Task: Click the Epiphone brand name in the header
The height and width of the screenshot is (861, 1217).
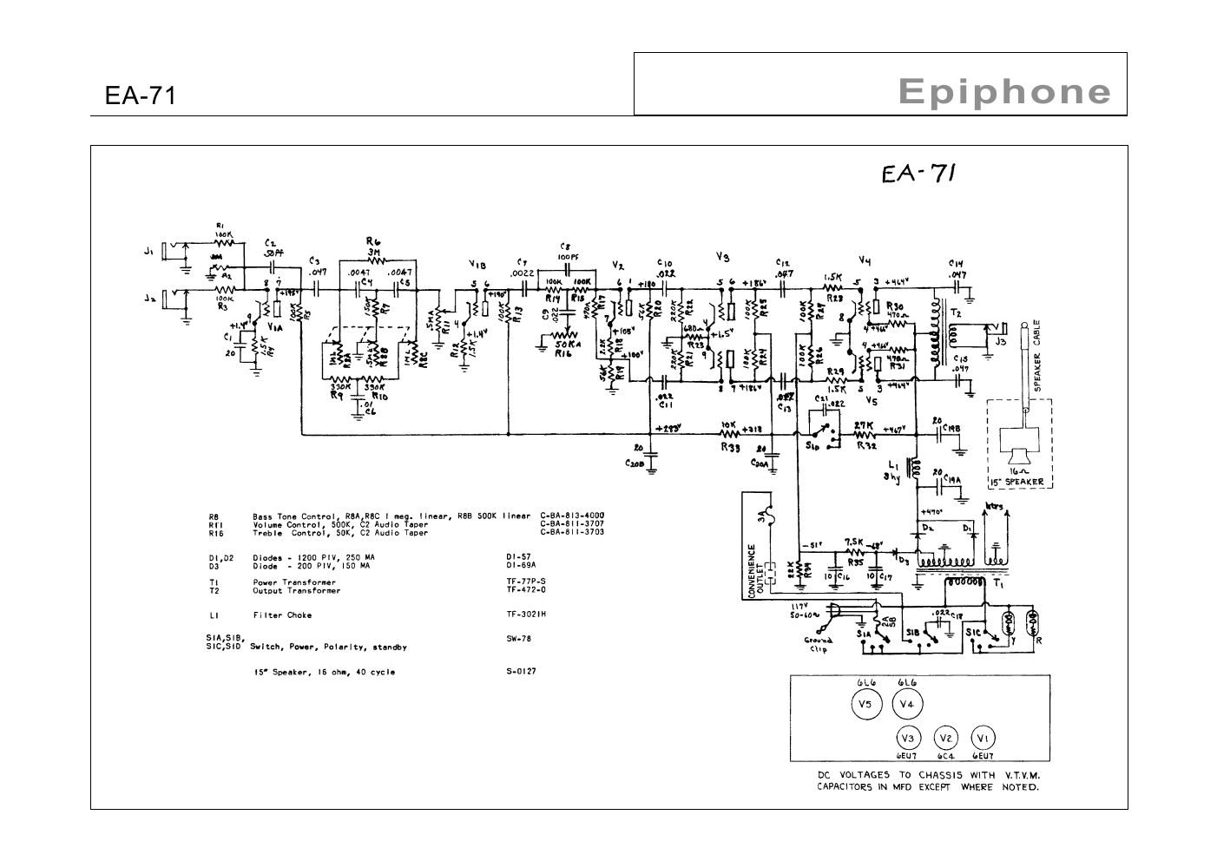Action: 1004,91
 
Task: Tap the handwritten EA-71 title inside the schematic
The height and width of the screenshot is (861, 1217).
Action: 918,174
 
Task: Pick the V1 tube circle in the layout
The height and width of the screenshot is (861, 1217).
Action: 982,738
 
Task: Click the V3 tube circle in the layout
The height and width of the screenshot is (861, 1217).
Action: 908,738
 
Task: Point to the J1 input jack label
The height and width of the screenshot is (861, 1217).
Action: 148,253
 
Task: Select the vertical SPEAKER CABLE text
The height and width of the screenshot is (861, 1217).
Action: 1037,357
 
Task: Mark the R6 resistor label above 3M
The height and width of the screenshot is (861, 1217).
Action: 374,241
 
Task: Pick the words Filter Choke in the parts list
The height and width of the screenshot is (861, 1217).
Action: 282,615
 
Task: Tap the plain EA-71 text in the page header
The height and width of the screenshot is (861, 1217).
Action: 140,95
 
